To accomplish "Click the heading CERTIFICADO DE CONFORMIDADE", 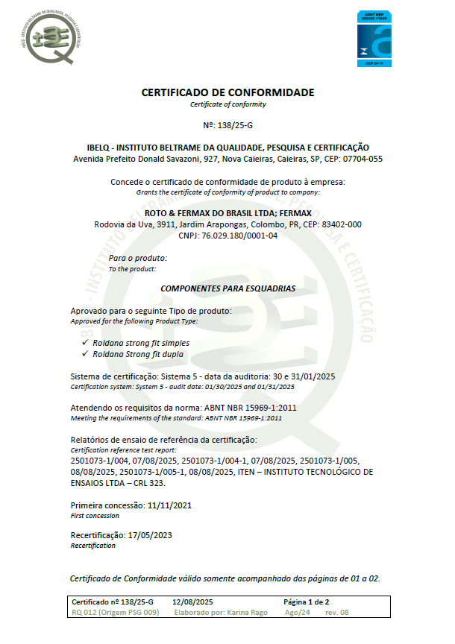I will coord(228,92).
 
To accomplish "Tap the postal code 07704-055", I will coord(358,159).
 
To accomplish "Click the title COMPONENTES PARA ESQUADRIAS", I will coord(228,288).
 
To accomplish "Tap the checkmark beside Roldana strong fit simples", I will coord(85,342).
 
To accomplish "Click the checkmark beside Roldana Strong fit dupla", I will coord(85,353).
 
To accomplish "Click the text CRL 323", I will coord(146,483).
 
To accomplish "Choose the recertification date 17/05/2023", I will coord(151,535).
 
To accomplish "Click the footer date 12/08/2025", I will coord(192,602).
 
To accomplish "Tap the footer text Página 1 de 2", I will coord(306,602).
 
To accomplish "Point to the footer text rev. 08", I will coord(336,613).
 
